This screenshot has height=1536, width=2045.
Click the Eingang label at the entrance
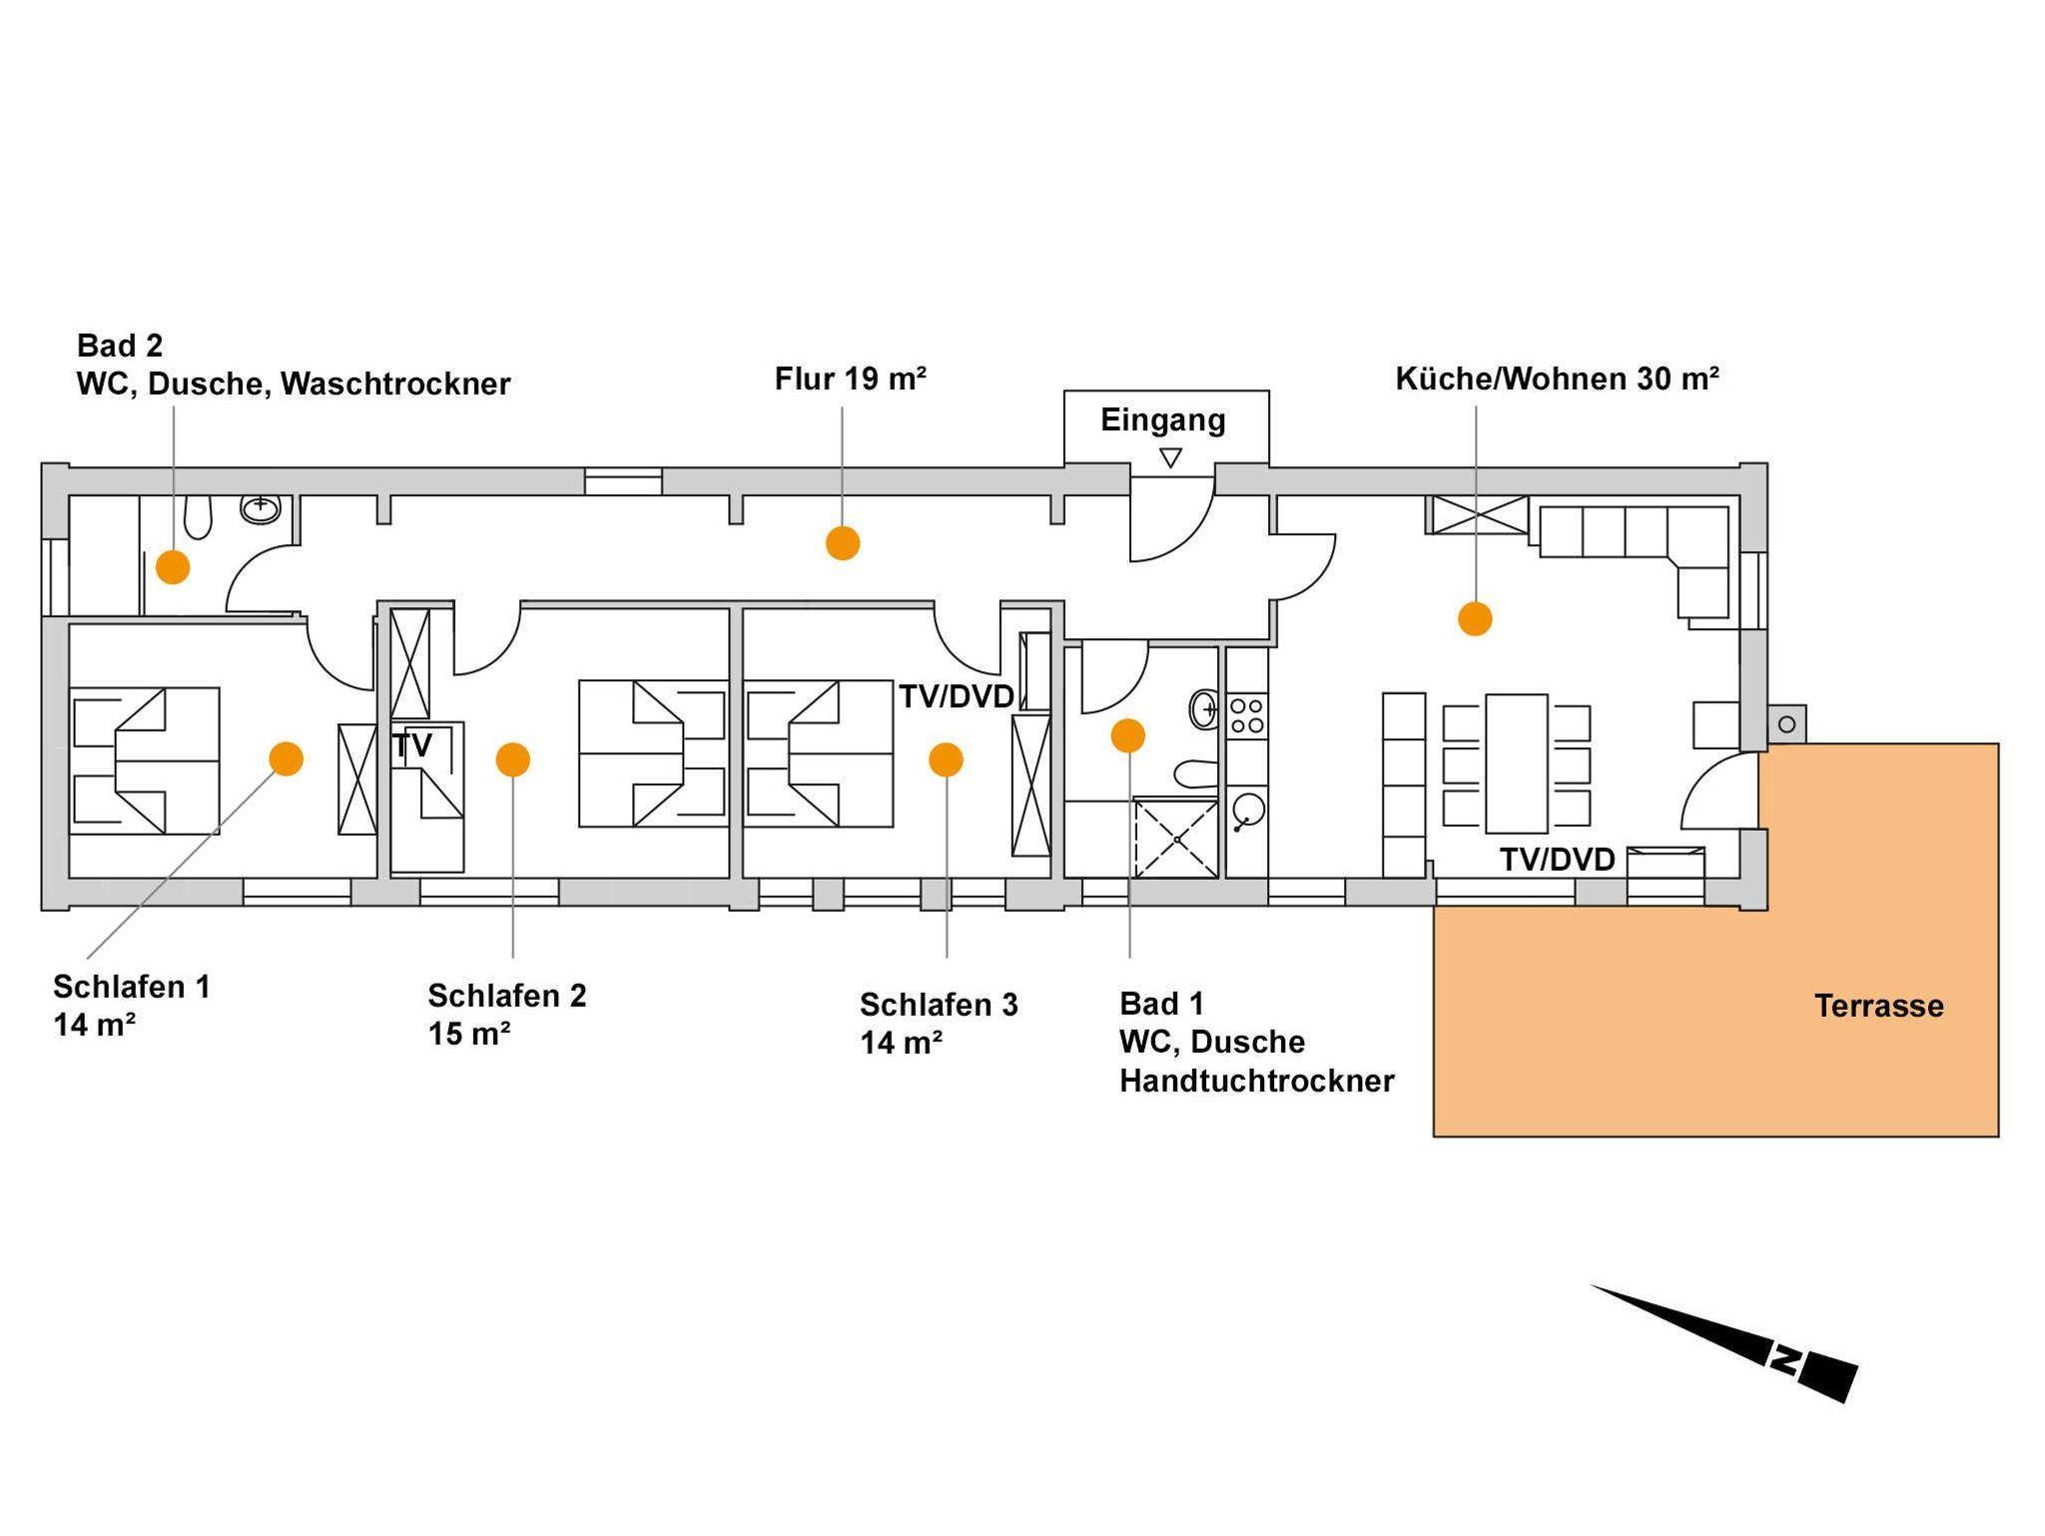click(1163, 420)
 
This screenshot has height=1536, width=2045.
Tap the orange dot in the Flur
click(843, 543)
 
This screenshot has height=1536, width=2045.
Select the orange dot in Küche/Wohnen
click(1475, 618)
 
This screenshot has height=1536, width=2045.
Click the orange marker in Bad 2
click(173, 566)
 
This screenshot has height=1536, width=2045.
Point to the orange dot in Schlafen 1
click(287, 759)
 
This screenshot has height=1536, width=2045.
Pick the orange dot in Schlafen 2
click(512, 760)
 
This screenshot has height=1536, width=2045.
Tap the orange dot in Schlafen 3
click(946, 760)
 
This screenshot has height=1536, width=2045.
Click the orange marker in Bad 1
click(1128, 736)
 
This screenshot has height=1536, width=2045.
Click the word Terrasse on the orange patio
click(1878, 1006)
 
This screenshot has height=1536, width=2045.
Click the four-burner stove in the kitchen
click(1246, 716)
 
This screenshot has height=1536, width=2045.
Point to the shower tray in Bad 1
click(1176, 839)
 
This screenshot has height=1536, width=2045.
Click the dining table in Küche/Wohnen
click(1516, 764)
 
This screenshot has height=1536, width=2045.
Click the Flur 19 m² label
click(851, 380)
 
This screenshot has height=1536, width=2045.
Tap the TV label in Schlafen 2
click(412, 745)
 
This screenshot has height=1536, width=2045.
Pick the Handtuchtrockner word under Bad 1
click(1256, 1081)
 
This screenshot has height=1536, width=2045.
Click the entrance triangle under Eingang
click(1170, 458)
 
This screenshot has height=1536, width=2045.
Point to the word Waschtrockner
click(395, 384)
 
